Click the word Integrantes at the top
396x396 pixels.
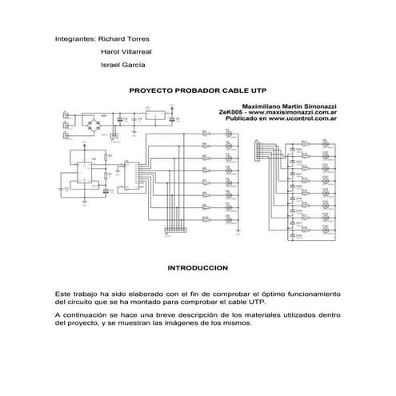tap(74, 38)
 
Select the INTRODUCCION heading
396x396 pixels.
tap(197, 267)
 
